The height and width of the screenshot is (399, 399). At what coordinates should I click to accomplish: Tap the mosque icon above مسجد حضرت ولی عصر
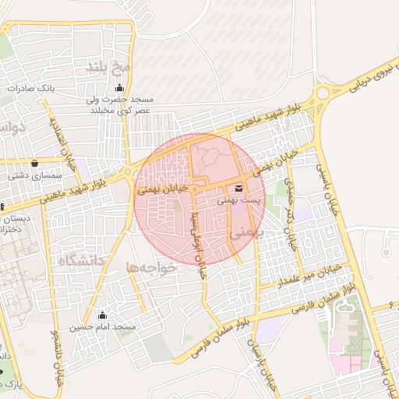[x=118, y=87]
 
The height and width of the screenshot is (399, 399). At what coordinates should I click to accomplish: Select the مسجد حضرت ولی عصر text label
[x=120, y=105]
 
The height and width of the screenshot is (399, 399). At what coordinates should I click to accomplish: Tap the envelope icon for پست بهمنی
[x=237, y=188]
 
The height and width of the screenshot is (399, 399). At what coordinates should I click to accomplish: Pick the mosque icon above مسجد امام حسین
[x=102, y=315]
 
